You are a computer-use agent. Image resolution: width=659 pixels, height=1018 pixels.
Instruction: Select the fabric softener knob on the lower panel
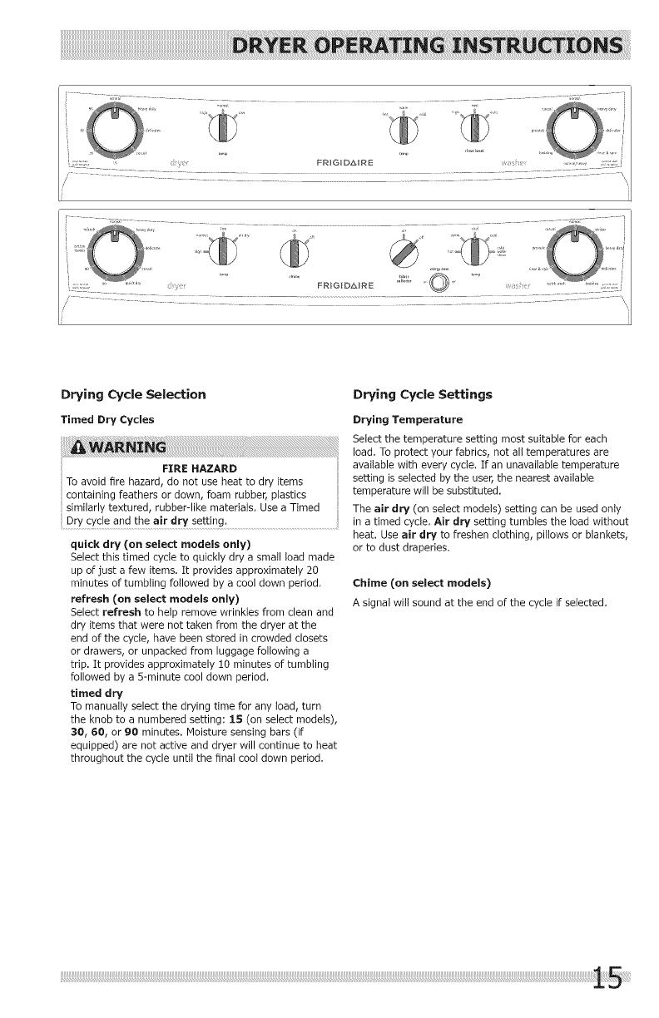pyautogui.click(x=403, y=250)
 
